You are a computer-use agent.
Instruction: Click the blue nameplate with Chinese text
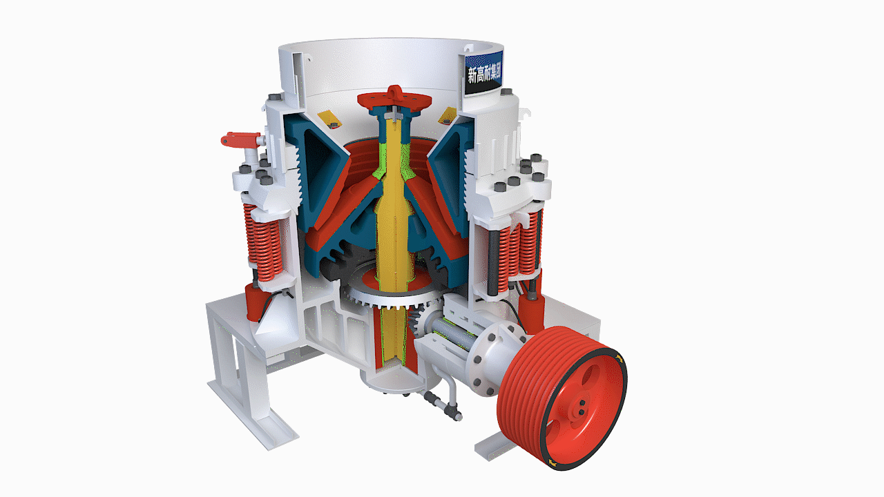tap(484, 73)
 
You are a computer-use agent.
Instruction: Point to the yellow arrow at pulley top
tap(618, 358)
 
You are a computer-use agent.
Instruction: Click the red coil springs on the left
tap(262, 242)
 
